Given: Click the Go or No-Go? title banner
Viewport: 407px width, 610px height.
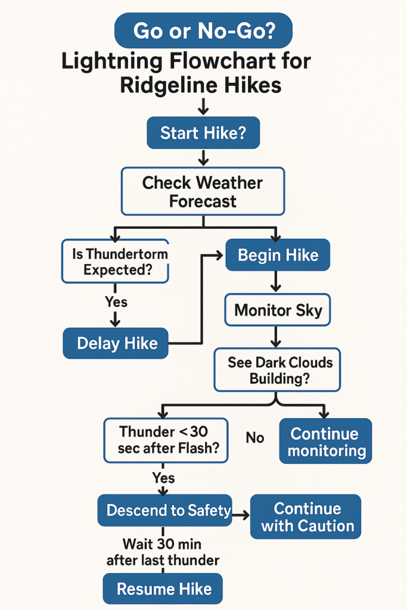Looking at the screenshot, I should click(x=204, y=30).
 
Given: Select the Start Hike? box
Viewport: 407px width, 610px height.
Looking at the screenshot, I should click(x=203, y=132).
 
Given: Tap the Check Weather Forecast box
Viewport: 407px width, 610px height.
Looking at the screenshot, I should click(x=203, y=191).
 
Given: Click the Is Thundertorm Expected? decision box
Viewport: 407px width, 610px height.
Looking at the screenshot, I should click(x=116, y=261).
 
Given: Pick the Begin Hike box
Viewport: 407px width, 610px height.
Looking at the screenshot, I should click(x=278, y=256).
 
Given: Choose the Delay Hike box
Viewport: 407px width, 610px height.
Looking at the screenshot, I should click(x=116, y=343).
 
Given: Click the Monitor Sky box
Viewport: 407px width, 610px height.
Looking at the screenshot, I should click(x=278, y=310).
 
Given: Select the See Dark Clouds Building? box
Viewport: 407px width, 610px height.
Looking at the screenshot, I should click(x=277, y=369).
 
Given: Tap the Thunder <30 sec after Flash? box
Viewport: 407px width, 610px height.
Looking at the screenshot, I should click(x=166, y=440).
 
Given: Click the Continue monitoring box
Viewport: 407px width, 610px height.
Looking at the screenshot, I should click(x=325, y=441).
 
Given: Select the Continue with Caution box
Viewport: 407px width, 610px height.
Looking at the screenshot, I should click(x=306, y=516).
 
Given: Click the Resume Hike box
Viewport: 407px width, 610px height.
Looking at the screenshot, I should click(x=163, y=589).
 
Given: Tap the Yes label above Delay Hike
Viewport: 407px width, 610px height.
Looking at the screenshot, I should click(x=116, y=302).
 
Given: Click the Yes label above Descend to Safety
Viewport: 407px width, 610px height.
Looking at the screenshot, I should click(x=163, y=478).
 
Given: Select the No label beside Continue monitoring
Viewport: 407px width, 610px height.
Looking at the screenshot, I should click(x=254, y=438).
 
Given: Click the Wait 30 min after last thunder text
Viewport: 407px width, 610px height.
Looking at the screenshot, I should click(x=163, y=552).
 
